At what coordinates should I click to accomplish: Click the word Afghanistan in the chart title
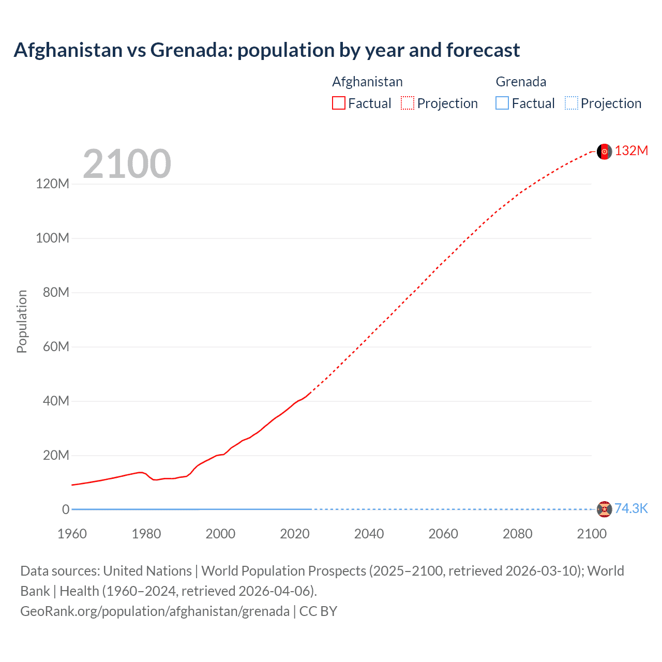coord(68,50)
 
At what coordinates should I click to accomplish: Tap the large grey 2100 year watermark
coord(127,164)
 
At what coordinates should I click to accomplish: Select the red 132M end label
coord(631,151)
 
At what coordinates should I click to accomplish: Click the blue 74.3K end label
coord(630,508)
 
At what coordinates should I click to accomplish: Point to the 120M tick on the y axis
coord(52,184)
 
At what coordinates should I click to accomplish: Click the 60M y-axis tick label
coord(55,347)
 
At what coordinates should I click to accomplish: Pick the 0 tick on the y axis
coord(66,509)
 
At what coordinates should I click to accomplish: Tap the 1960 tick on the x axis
coord(72,534)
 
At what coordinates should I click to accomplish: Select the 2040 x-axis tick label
coord(369,534)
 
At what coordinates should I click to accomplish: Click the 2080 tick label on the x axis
coord(517,534)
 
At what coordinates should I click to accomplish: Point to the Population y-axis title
coord(22,321)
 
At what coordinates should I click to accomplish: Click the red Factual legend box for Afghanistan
coord(339,103)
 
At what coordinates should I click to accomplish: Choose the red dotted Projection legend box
coord(408,103)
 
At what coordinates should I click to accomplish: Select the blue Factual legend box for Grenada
coord(502,103)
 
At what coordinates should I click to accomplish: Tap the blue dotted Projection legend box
coord(571,103)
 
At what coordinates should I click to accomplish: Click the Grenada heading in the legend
coord(521,82)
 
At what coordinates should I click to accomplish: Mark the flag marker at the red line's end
coord(604,152)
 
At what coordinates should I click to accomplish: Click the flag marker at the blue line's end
coord(604,509)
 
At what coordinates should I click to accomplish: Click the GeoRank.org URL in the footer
coord(155,611)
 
